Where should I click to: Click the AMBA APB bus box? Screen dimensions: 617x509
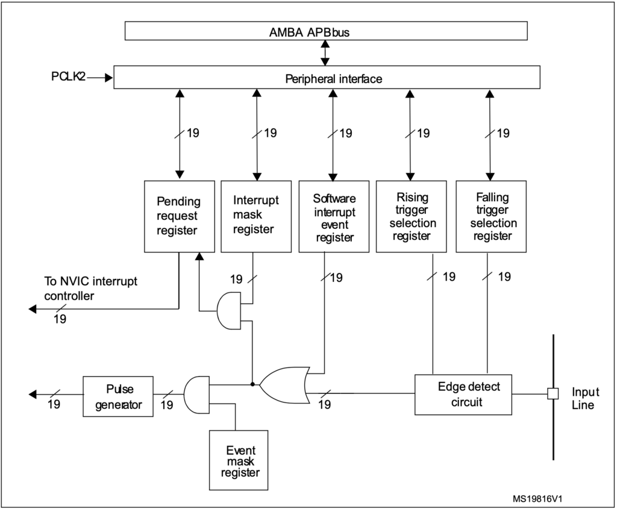tap(326, 31)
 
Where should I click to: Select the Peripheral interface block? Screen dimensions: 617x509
tap(327, 77)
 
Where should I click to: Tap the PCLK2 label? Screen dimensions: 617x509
tap(68, 77)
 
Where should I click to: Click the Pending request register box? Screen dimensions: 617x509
tap(180, 216)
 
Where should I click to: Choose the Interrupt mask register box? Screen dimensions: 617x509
tap(256, 216)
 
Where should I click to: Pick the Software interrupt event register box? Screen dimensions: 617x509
tap(334, 216)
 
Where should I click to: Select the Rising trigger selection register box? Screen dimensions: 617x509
tap(411, 216)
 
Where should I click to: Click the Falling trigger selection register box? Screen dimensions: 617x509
tap(491, 216)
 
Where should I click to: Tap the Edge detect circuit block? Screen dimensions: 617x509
tap(463, 395)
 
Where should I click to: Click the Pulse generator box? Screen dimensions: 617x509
tap(118, 396)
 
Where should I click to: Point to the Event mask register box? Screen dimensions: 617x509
tap(239, 460)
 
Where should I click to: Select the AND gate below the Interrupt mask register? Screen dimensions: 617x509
tap(229, 310)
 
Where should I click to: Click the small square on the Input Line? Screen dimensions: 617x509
tap(553, 394)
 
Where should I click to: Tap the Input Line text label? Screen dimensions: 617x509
tap(585, 399)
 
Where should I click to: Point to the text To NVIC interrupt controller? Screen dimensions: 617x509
tap(90, 289)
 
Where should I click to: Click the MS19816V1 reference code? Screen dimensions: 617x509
tap(537, 499)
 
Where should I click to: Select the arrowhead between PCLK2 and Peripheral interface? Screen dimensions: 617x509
tap(109, 78)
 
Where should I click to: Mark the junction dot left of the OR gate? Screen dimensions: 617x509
tap(252, 384)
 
